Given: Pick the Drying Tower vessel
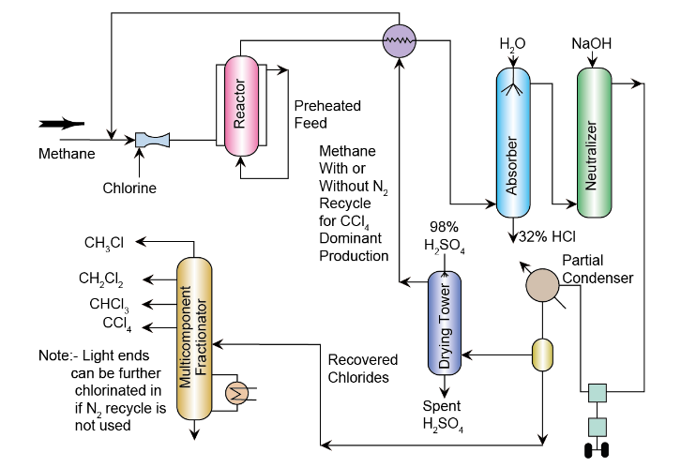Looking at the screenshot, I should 446,323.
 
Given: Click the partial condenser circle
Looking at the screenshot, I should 542,282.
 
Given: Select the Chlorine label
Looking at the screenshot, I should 129,188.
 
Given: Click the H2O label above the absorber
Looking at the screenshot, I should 512,43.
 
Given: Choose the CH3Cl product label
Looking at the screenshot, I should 104,243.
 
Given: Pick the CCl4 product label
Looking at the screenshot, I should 116,325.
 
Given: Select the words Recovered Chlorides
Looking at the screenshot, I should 363,368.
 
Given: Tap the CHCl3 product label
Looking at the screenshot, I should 109,304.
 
